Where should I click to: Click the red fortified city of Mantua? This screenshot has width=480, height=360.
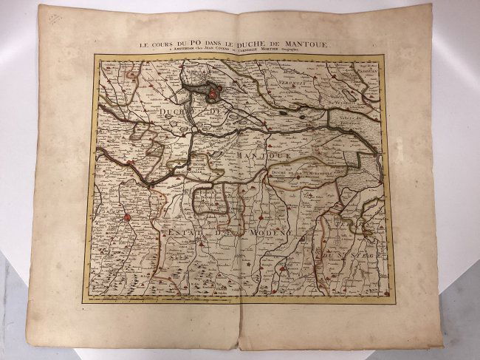(x=211, y=92)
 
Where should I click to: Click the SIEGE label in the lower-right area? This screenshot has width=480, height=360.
(x=360, y=234)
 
